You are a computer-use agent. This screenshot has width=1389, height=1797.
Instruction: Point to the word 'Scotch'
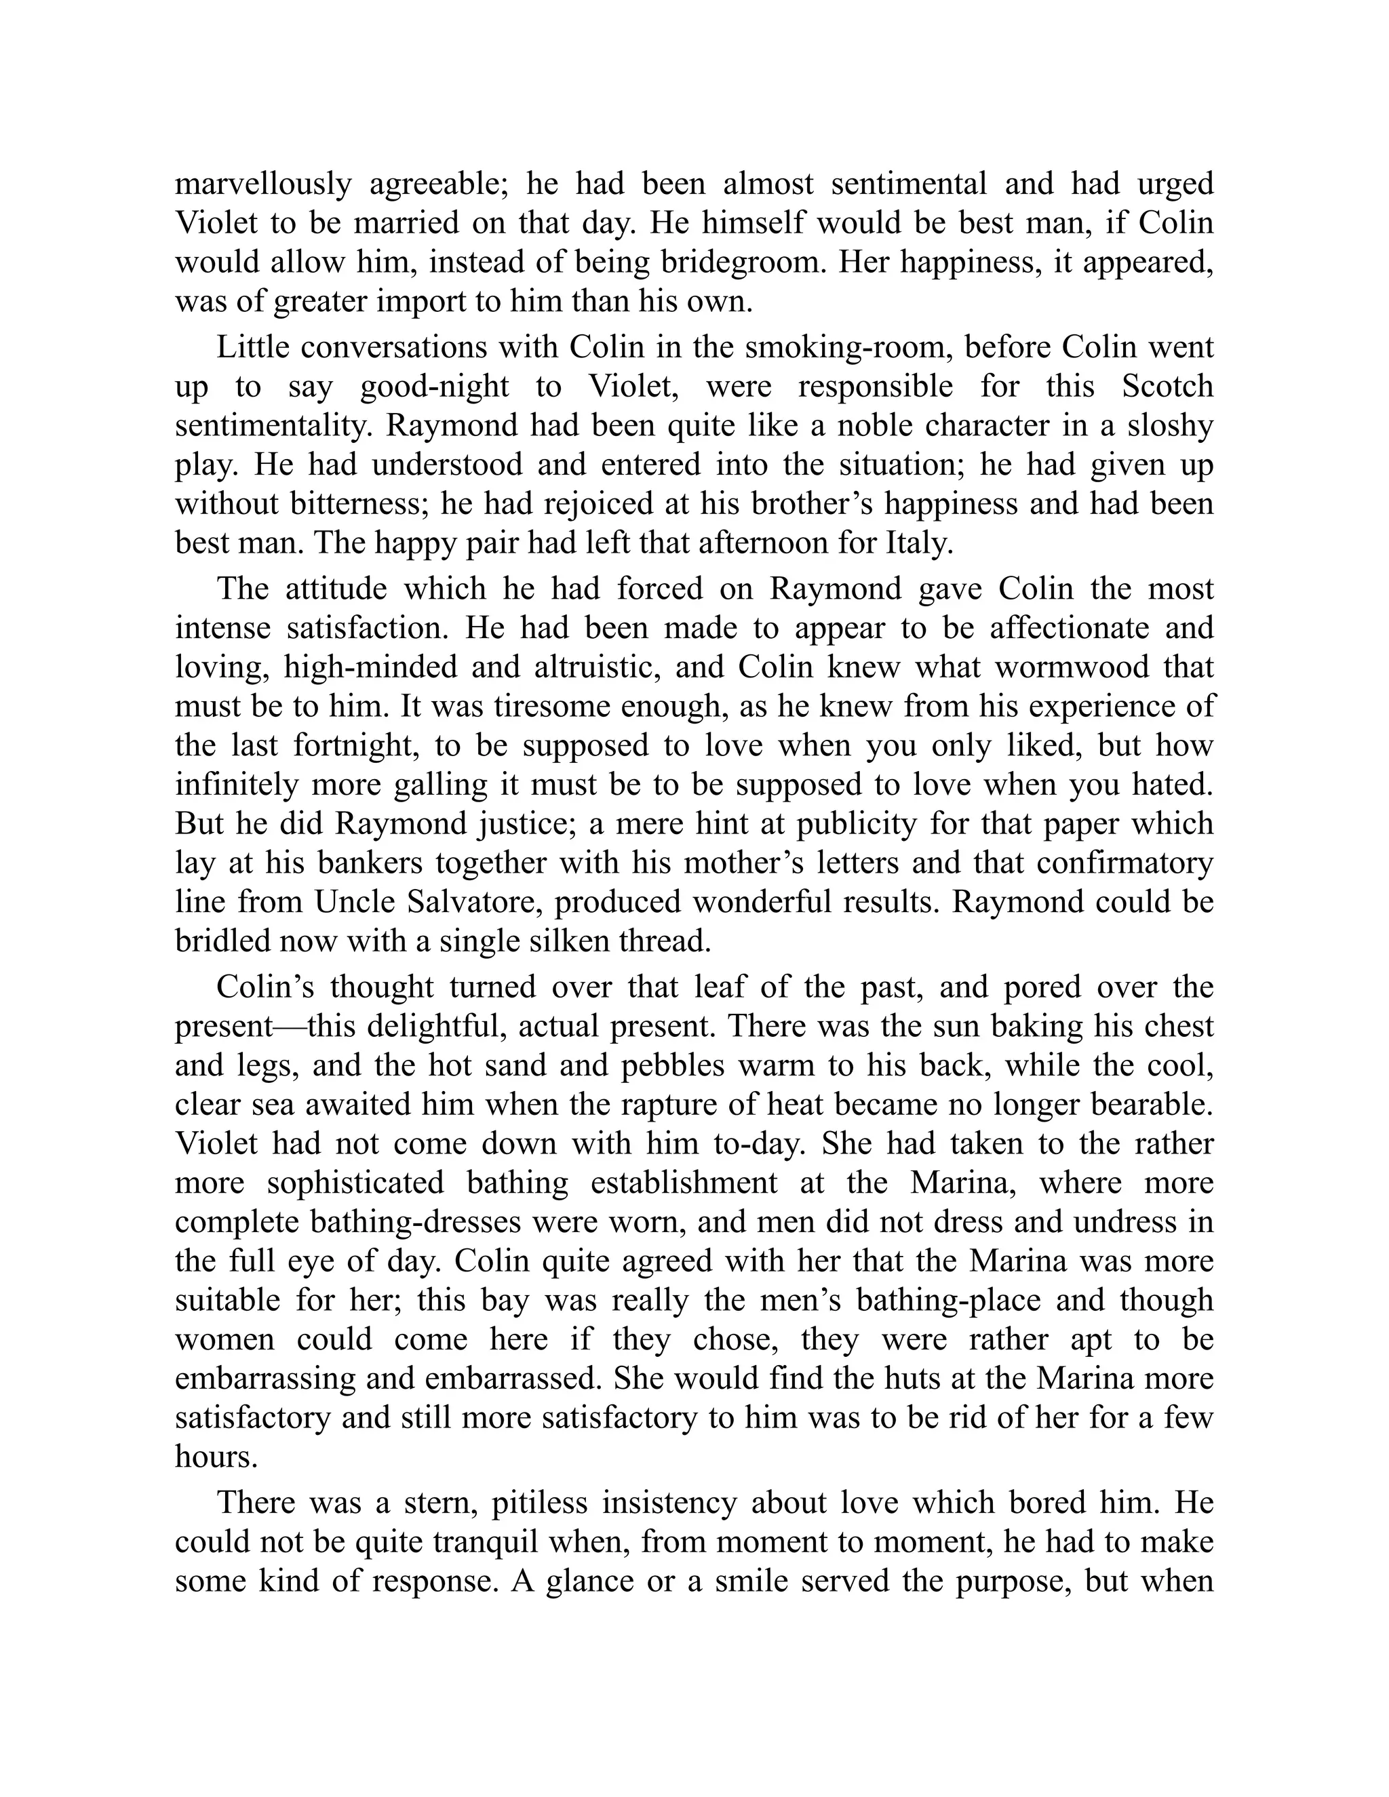click(x=1168, y=386)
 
